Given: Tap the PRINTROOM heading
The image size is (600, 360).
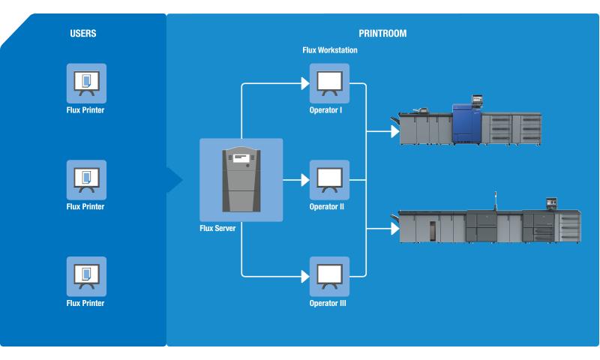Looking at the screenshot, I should (x=382, y=34).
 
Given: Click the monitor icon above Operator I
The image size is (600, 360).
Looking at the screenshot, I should (x=329, y=83).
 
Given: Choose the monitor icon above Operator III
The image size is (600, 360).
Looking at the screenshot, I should (x=329, y=276).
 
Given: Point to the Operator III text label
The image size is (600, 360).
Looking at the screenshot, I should (x=329, y=304).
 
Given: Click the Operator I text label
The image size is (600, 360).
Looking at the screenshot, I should (x=325, y=110).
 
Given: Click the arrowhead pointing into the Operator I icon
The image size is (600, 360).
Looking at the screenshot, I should (x=304, y=83).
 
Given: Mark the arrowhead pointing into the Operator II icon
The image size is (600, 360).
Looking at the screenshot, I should (x=304, y=180).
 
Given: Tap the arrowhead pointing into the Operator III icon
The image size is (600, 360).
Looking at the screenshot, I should (x=304, y=276).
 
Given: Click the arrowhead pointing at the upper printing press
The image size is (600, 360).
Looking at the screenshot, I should (x=394, y=132).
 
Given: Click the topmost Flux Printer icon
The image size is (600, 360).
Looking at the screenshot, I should (x=85, y=82).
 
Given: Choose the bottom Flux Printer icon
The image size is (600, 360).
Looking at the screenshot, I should (x=85, y=276).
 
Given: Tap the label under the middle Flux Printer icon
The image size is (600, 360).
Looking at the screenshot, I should (x=85, y=206).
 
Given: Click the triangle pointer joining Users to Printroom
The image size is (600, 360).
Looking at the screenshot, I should (x=175, y=180).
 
